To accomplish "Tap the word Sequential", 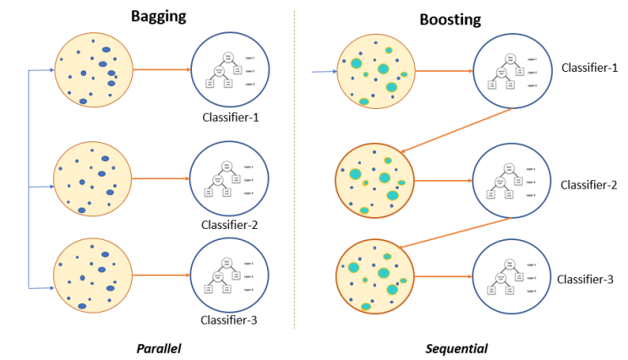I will tap(456, 347).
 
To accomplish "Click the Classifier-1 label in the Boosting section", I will tap(590, 67).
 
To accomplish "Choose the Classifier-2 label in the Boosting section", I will tap(590, 185).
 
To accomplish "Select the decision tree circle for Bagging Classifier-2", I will tap(230, 179).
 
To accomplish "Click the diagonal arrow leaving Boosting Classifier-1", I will tap(456, 130).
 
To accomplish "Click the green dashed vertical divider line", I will tap(294, 169).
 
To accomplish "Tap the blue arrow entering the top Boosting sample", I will tap(324, 73).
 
